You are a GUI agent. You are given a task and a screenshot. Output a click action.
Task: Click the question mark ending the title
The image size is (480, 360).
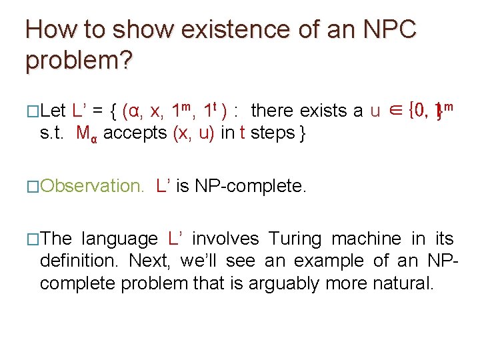pyautogui.click(x=127, y=61)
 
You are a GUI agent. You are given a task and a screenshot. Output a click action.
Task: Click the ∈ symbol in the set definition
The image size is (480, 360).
pyautogui.click(x=398, y=111)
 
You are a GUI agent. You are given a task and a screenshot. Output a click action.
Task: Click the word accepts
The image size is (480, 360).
pyautogui.click(x=136, y=133)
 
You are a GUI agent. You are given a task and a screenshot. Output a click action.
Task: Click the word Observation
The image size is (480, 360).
pyautogui.click(x=92, y=186)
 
